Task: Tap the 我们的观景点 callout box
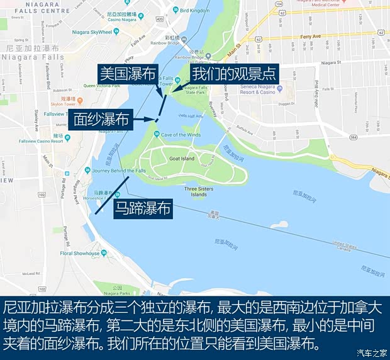(233, 73)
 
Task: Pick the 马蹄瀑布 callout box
(143, 208)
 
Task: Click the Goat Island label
(182, 159)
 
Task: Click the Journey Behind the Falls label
(122, 171)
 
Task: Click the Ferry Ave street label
(310, 37)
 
